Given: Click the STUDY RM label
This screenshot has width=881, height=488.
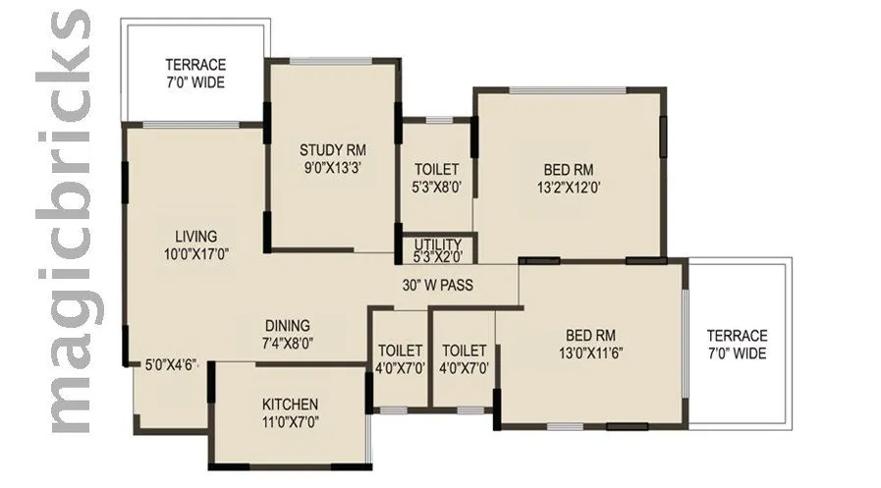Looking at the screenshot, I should pyautogui.click(x=333, y=150).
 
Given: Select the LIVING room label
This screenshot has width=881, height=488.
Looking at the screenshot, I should pyautogui.click(x=196, y=237).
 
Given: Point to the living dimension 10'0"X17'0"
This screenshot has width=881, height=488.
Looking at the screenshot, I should pyautogui.click(x=196, y=253).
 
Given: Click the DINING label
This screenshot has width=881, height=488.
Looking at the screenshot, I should pyautogui.click(x=288, y=326).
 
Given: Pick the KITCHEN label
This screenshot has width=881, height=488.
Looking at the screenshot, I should pyautogui.click(x=290, y=405).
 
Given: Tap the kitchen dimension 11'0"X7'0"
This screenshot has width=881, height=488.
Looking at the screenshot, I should pyautogui.click(x=290, y=421).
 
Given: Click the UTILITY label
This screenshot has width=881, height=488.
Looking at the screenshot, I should pyautogui.click(x=438, y=244).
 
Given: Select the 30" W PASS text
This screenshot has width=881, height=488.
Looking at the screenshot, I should pyautogui.click(x=437, y=287).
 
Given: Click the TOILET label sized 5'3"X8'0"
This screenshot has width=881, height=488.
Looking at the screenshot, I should pyautogui.click(x=437, y=169).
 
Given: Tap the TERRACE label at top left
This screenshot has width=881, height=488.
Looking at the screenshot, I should pyautogui.click(x=194, y=64).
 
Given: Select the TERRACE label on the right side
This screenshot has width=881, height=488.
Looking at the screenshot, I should pyautogui.click(x=738, y=336).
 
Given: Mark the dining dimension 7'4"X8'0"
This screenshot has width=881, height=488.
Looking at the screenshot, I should pyautogui.click(x=288, y=344).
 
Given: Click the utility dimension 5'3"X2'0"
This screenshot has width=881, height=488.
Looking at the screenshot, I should pyautogui.click(x=438, y=258).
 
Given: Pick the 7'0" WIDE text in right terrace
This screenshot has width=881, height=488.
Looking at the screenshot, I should pyautogui.click(x=738, y=353).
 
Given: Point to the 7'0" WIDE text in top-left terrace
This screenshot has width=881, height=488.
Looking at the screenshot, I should pyautogui.click(x=194, y=81).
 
